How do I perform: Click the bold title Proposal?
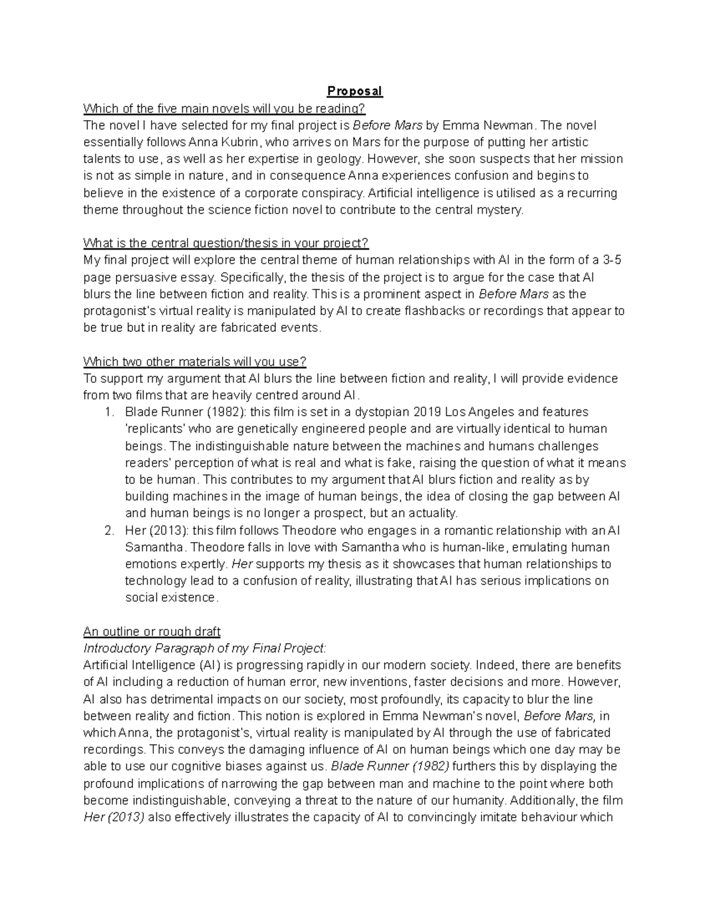point(356,92)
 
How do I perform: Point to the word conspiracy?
point(334,193)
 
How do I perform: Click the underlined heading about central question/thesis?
point(226,243)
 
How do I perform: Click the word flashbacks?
point(437,311)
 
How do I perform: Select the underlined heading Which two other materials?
point(195,362)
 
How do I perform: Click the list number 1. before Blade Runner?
point(109,412)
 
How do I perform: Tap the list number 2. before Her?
point(109,530)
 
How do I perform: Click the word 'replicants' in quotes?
point(154,429)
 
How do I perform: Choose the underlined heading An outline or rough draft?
point(152,631)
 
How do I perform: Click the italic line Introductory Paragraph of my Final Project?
point(205,648)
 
